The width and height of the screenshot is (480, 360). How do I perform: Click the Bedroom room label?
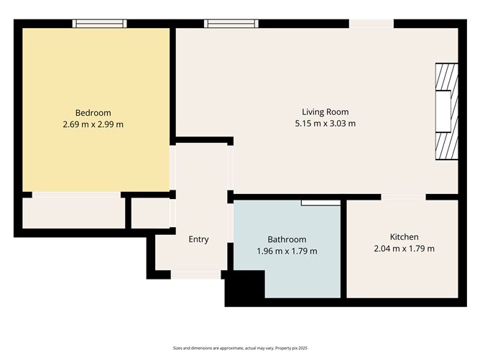click(x=93, y=112)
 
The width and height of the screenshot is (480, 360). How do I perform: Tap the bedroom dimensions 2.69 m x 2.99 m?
click(x=93, y=124)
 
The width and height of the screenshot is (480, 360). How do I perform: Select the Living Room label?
click(x=325, y=111)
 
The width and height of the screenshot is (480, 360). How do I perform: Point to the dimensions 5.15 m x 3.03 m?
click(x=325, y=123)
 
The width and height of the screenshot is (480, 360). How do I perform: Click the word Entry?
click(x=198, y=239)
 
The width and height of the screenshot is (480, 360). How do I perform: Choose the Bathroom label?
click(x=287, y=239)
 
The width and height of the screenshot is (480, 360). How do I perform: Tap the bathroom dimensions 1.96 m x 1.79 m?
click(x=287, y=251)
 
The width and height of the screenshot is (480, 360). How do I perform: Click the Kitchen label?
click(x=404, y=237)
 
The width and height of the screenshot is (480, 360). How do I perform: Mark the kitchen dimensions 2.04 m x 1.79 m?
click(x=404, y=249)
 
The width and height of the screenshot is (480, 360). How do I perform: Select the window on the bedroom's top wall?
click(x=100, y=24)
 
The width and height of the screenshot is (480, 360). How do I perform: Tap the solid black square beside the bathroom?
click(x=245, y=289)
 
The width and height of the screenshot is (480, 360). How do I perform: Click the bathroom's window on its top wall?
click(x=320, y=203)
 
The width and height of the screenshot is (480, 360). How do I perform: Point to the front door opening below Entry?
click(x=195, y=274)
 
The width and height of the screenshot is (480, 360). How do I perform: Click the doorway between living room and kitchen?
click(x=403, y=196)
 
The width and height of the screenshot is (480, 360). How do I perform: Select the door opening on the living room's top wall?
click(x=371, y=24)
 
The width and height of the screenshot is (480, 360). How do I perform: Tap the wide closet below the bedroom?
click(x=73, y=213)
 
